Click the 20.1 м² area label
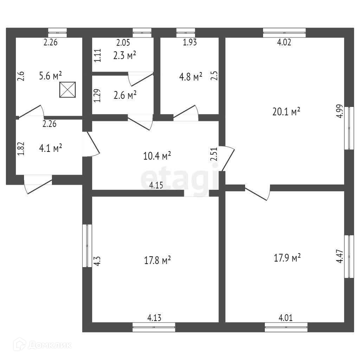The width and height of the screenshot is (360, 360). pyautogui.click(x=286, y=111)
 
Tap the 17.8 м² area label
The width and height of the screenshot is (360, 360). pyautogui.click(x=157, y=260)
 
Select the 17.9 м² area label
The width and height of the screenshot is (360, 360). pyautogui.click(x=287, y=258)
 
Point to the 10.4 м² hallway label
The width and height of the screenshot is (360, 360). pyautogui.click(x=157, y=156)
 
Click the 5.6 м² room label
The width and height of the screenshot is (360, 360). pyautogui.click(x=50, y=76)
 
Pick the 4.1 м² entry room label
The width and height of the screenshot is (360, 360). pyautogui.click(x=51, y=148)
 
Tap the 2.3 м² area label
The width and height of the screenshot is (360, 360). pyautogui.click(x=124, y=56)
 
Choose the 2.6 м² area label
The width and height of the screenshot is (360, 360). pyautogui.click(x=125, y=95)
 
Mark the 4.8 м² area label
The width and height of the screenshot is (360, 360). pyautogui.click(x=191, y=77)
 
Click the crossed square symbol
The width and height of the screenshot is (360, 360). pyautogui.click(x=67, y=90)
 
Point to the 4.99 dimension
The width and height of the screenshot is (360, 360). pyautogui.click(x=340, y=111)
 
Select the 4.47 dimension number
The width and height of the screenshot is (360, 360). pyautogui.click(x=340, y=256)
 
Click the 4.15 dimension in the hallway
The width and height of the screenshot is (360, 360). pyautogui.click(x=156, y=185)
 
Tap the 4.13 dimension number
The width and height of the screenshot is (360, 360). pyautogui.click(x=154, y=318)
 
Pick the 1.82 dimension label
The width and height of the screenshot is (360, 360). pyautogui.click(x=21, y=149)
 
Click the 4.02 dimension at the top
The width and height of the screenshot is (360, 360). pyautogui.click(x=284, y=42)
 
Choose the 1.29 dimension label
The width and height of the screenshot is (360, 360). pyautogui.click(x=97, y=96)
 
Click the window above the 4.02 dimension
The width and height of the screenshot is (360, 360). pyautogui.click(x=284, y=33)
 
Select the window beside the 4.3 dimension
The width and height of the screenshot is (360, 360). pyautogui.click(x=87, y=246)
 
